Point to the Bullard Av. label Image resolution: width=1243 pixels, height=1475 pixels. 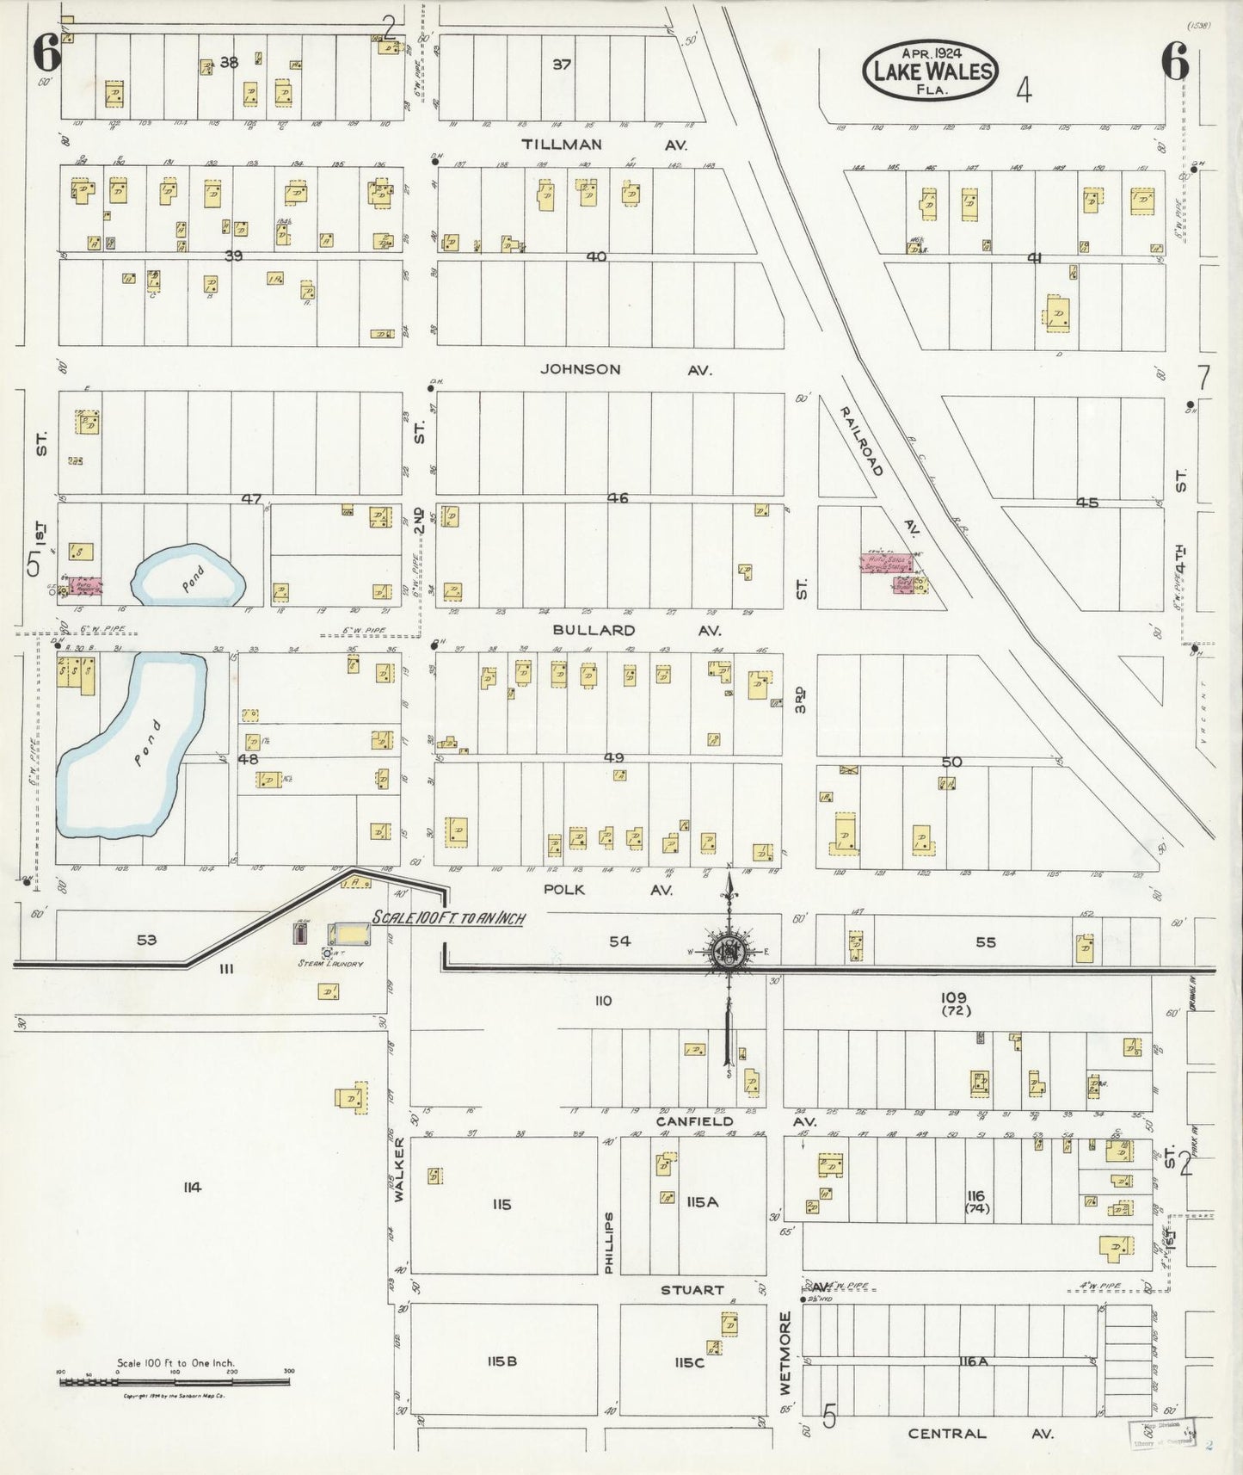pyautogui.click(x=636, y=630)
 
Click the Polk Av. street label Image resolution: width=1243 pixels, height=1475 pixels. pyautogui.click(x=607, y=890)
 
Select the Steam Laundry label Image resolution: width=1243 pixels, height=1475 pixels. pyautogui.click(x=330, y=964)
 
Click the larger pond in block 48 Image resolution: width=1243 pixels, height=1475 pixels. pyautogui.click(x=129, y=747)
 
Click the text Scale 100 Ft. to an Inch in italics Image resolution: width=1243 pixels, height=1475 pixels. pyautogui.click(x=447, y=918)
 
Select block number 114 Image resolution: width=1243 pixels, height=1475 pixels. pyautogui.click(x=191, y=1188)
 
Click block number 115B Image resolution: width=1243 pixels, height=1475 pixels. pyautogui.click(x=501, y=1361)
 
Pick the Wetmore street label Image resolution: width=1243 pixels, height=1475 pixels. pyautogui.click(x=785, y=1365)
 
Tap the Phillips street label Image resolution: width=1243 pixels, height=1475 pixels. pyautogui.click(x=609, y=1243)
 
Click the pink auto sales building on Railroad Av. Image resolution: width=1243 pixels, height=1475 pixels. pyautogui.click(x=886, y=563)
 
